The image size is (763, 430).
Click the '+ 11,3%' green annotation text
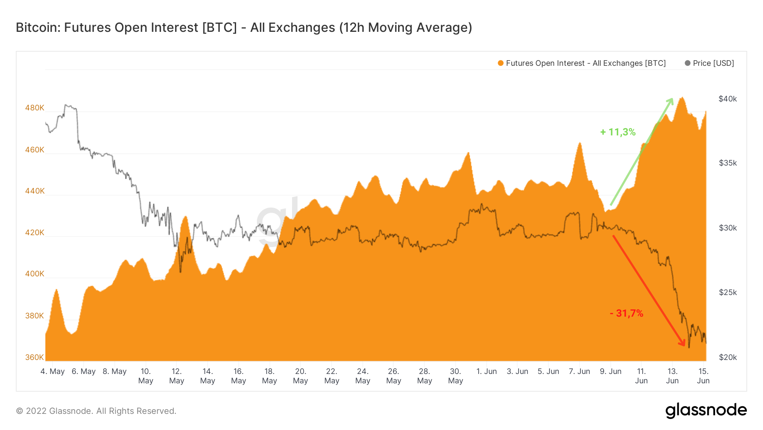(x=618, y=132)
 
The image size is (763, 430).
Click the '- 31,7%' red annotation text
(x=627, y=313)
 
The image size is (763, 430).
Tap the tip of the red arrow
(x=684, y=346)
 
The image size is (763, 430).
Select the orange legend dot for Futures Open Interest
(x=501, y=63)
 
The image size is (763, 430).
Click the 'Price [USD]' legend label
(x=713, y=63)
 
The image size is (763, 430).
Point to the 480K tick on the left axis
(x=34, y=108)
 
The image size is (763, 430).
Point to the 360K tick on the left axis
(x=34, y=357)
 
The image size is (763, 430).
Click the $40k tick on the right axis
(x=727, y=99)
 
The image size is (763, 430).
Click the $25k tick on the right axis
(x=727, y=292)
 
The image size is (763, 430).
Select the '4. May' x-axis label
(x=53, y=371)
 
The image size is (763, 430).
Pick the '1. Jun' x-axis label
(x=486, y=371)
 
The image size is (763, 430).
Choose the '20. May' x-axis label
(x=301, y=376)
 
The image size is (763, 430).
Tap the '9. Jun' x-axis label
(x=610, y=371)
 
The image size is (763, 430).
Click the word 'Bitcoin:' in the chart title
(x=38, y=28)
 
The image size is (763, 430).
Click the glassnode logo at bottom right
(x=706, y=410)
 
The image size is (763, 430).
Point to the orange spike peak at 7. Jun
(x=579, y=143)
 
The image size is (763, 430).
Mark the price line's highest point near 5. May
(x=66, y=104)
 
